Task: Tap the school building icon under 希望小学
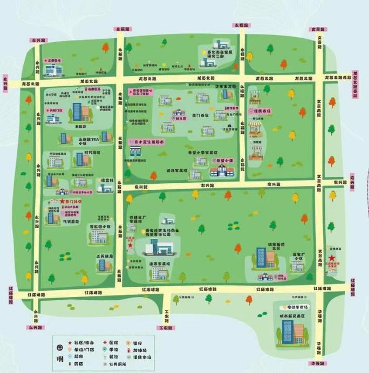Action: [x=221, y=171]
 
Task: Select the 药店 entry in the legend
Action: [x=80, y=364]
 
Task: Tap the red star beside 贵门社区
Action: [x=62, y=201]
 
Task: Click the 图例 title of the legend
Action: [x=60, y=353]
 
